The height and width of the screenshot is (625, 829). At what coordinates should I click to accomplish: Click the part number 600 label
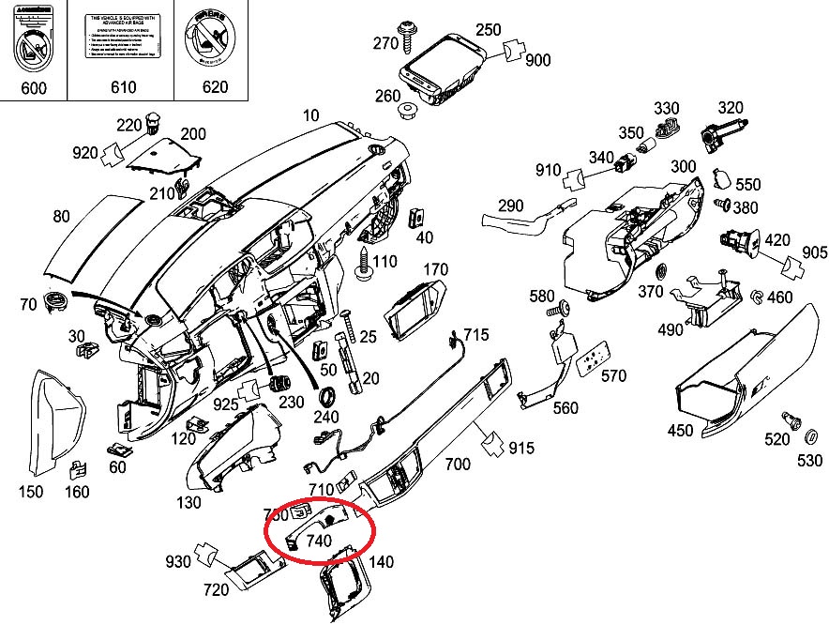[x=33, y=87]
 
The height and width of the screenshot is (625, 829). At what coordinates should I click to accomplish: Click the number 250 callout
[x=488, y=29]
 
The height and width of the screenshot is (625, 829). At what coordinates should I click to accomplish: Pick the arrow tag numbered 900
[x=537, y=61]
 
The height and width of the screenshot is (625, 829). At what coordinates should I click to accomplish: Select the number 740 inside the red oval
[x=319, y=541]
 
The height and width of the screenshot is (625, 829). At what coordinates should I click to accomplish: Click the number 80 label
[x=61, y=217]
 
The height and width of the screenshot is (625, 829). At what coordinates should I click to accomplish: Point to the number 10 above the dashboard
[x=310, y=115]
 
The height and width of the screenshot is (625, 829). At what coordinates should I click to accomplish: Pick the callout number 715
[x=475, y=334]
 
